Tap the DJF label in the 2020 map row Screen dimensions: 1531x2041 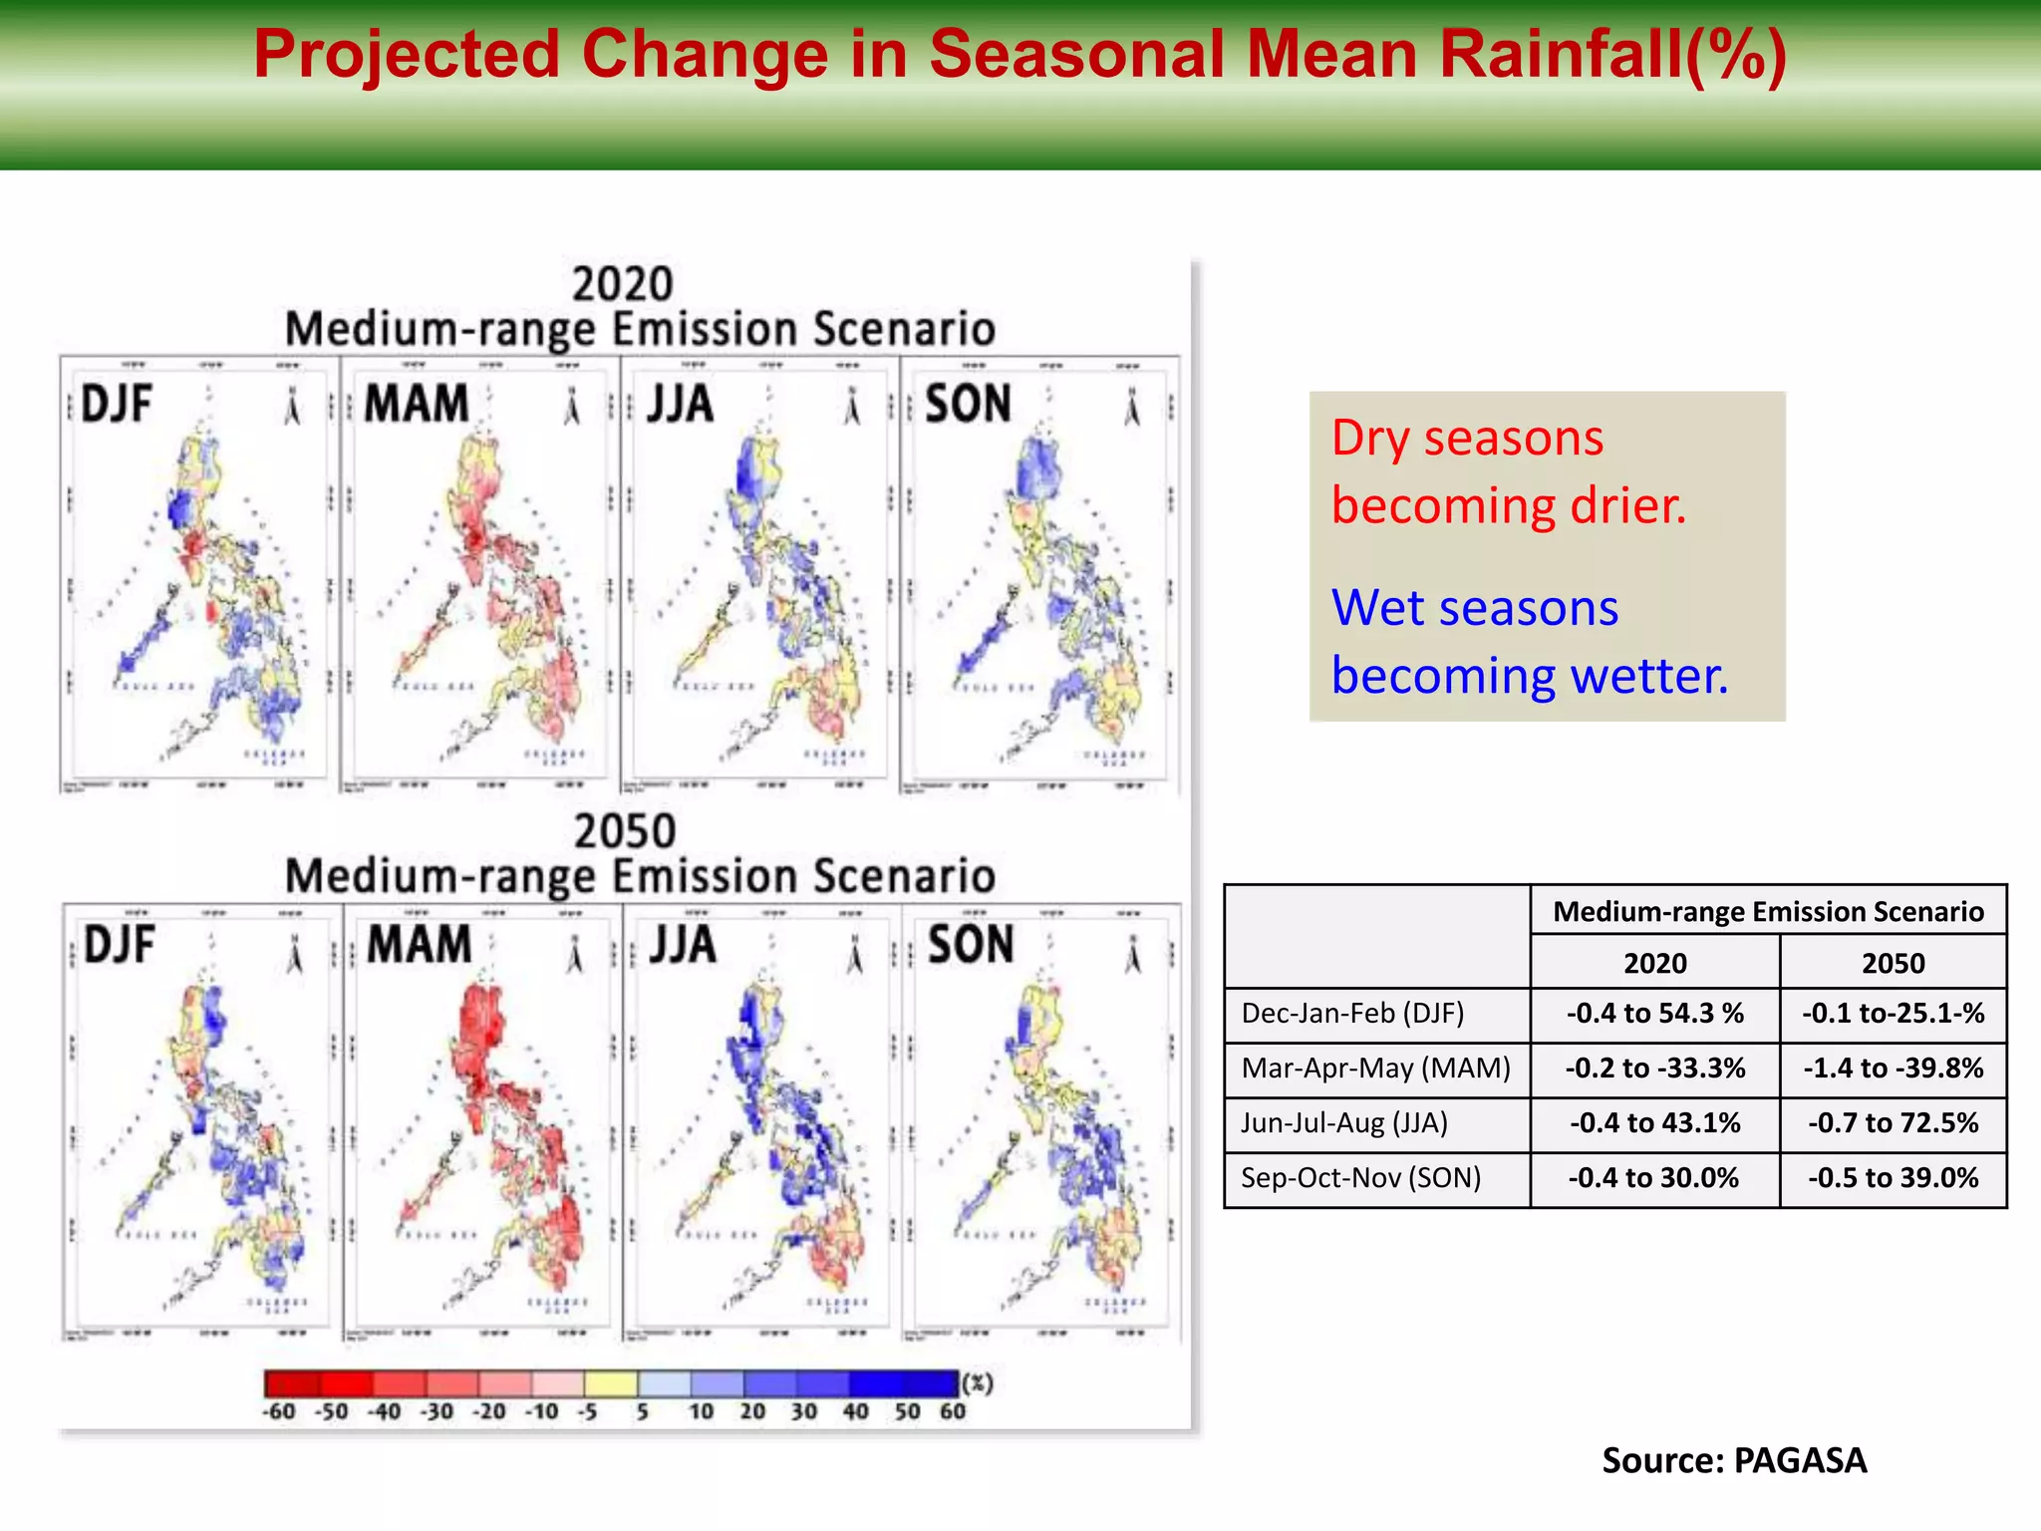[116, 405]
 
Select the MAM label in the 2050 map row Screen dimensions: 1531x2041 [419, 944]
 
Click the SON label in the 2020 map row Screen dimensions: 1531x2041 [967, 405]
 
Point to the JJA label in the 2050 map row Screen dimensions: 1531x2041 [683, 944]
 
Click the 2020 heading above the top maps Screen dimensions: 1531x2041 [623, 284]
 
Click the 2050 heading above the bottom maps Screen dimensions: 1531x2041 [625, 831]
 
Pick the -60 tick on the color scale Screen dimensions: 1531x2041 [279, 1411]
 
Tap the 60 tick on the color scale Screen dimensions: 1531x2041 [952, 1411]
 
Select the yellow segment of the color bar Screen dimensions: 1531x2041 [610, 1383]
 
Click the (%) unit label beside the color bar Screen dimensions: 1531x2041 [978, 1383]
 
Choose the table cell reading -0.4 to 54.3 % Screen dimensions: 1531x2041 [1654, 1014]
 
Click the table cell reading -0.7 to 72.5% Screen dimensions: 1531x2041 [1893, 1123]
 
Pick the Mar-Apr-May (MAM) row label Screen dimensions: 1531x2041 [1375, 1069]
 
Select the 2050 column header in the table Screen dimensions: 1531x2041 [1893, 963]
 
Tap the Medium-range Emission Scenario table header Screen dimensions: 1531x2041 [1768, 911]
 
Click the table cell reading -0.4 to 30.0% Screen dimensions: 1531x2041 [1654, 1178]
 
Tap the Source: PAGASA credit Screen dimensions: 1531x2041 [1734, 1460]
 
